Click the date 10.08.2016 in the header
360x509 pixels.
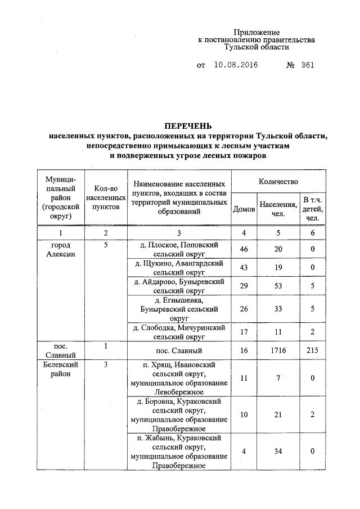point(236,65)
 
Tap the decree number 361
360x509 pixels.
point(307,65)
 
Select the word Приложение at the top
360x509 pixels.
point(256,33)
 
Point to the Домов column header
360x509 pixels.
point(244,209)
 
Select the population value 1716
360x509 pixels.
point(277,350)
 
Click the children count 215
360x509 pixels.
point(312,350)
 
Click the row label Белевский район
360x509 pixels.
point(60,369)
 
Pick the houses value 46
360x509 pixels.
point(244,250)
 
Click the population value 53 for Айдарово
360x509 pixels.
point(277,287)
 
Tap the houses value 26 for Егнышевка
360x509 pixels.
point(244,309)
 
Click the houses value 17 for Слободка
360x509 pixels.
point(244,332)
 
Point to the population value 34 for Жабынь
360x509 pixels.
point(277,451)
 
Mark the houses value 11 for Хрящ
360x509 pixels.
point(244,379)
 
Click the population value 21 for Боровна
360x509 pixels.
point(277,415)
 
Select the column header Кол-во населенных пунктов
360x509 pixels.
point(105,198)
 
